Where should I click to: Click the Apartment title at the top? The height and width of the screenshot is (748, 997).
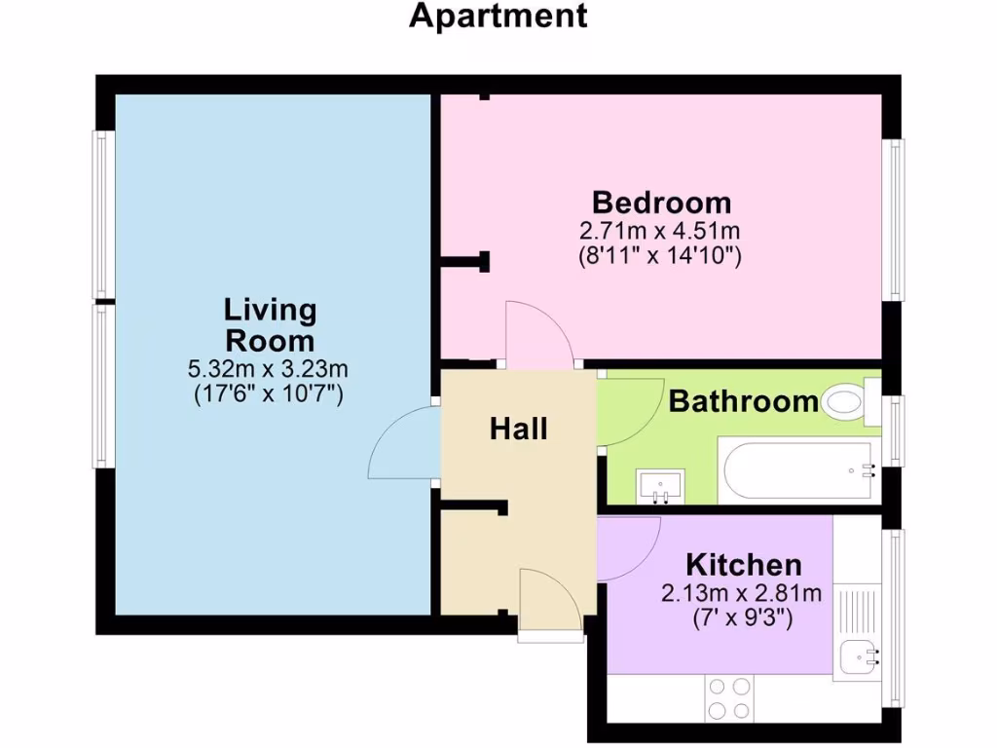(498, 17)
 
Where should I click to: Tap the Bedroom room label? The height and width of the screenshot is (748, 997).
(662, 203)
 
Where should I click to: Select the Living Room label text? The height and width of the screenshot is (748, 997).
(270, 325)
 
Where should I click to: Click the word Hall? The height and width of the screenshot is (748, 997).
(518, 428)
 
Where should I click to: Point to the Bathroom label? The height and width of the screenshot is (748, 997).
(743, 400)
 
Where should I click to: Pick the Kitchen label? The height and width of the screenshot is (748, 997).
(744, 564)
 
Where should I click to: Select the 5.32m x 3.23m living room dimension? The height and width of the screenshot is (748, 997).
(269, 369)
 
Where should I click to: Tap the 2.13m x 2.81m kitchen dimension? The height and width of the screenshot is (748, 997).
(742, 592)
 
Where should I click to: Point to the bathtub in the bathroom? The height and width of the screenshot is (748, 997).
(798, 470)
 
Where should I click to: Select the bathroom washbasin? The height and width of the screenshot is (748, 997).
(661, 486)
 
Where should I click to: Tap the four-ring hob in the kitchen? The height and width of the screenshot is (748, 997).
(729, 696)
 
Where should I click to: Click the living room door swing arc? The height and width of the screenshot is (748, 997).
(401, 443)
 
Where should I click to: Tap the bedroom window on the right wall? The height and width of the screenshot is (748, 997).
(893, 219)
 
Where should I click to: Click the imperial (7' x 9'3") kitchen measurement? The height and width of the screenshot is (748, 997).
(742, 616)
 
